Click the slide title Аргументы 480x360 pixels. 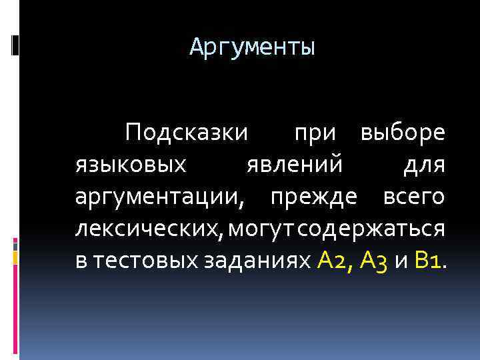252,47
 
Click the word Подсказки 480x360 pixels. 187,133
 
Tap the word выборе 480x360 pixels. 402,133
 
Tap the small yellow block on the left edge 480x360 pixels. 15,256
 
